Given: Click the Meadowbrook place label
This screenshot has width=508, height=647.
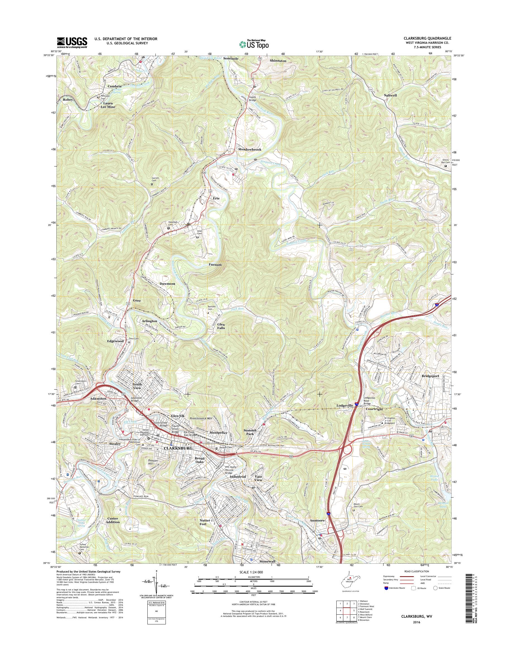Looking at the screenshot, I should tap(250, 149).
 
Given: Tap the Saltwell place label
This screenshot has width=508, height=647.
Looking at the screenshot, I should tap(390, 95).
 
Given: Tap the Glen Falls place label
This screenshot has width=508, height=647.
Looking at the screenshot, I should tap(221, 326).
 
